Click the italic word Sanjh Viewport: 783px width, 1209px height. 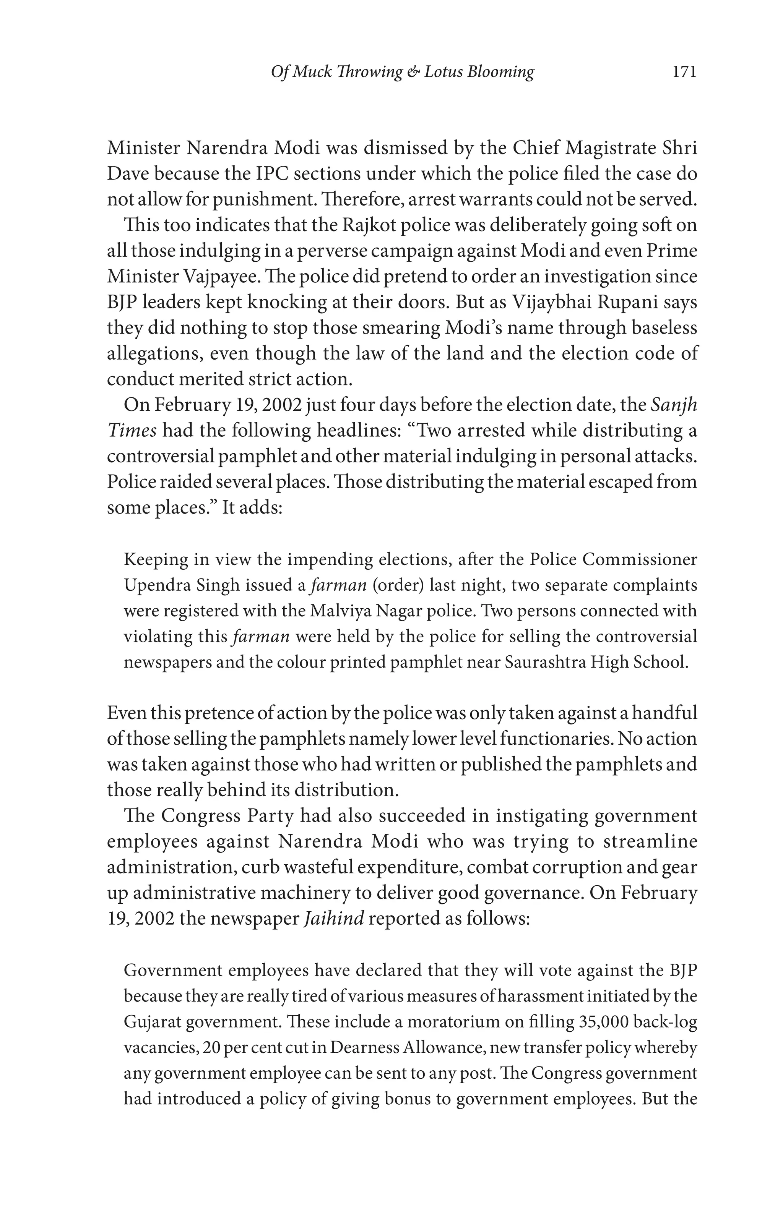[x=674, y=405]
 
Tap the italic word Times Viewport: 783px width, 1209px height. [x=132, y=431]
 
